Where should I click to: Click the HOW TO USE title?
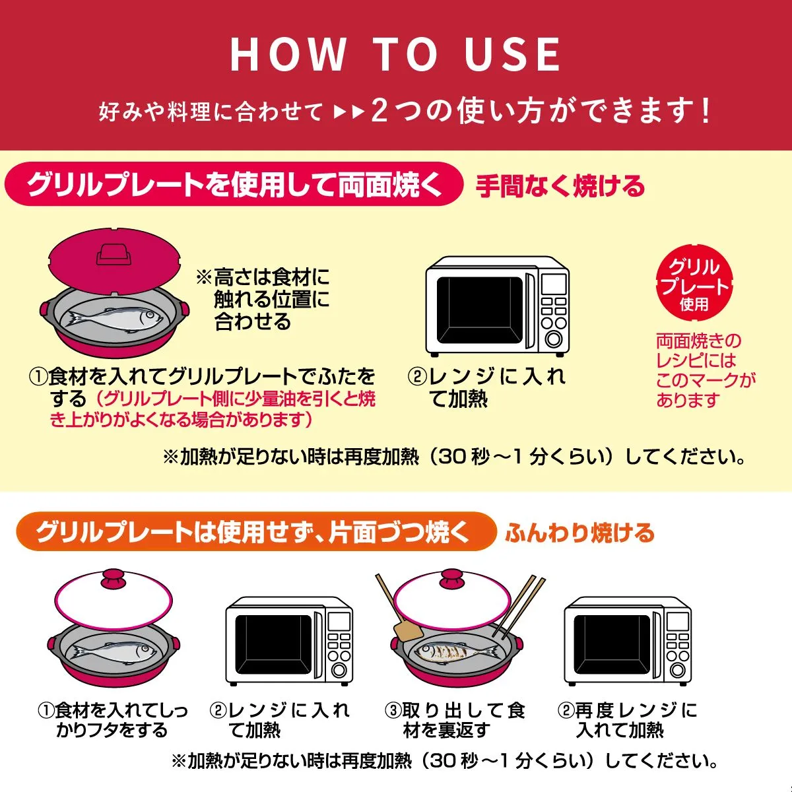pyautogui.click(x=395, y=54)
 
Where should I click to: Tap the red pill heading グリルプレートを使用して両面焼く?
pyautogui.click(x=234, y=184)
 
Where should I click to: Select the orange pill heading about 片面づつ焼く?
pyautogui.click(x=255, y=531)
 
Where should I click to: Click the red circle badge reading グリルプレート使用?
pyautogui.click(x=694, y=283)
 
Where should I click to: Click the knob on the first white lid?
pyautogui.click(x=114, y=580)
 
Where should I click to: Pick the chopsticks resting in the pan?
pyautogui.click(x=519, y=607)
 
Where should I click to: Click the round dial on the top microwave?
pyautogui.click(x=553, y=339)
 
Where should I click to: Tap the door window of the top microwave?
pyautogui.click(x=479, y=311)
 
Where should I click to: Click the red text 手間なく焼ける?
pyautogui.click(x=560, y=185)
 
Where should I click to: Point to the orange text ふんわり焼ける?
pyautogui.click(x=579, y=533)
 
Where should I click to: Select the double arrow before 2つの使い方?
pyautogui.click(x=349, y=112)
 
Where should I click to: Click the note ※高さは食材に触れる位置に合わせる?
pyautogui.click(x=263, y=299)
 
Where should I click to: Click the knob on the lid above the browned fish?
pyautogui.click(x=452, y=579)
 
